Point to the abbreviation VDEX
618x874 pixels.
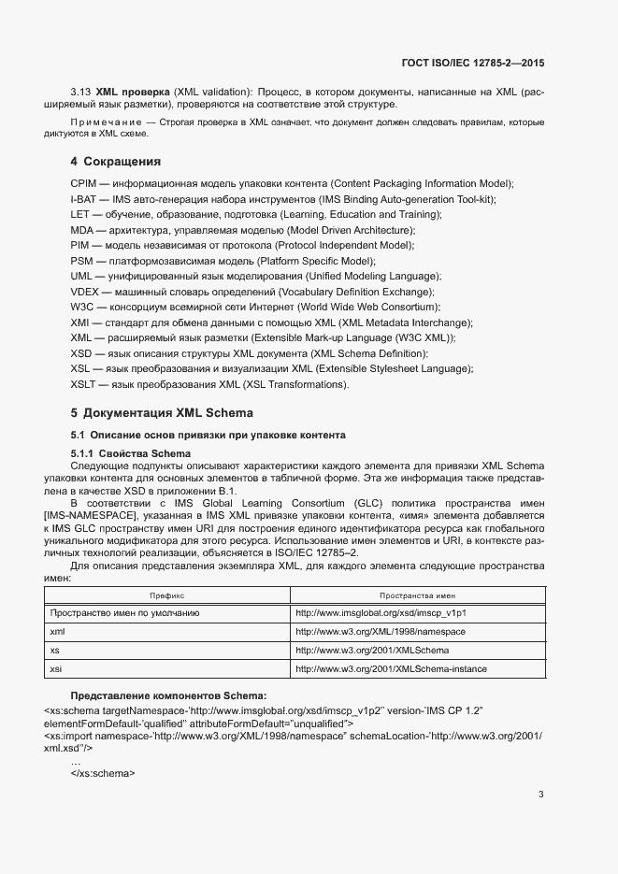(84, 292)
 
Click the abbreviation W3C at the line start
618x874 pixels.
(82, 307)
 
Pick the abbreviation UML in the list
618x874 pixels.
(82, 276)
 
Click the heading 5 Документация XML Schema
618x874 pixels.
(162, 412)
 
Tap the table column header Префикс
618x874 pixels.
(167, 595)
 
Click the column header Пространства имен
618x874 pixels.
(417, 595)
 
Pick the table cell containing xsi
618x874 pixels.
(56, 668)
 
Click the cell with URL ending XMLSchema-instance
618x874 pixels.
(391, 668)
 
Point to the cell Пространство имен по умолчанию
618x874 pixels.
(124, 613)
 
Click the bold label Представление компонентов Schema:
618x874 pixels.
(168, 695)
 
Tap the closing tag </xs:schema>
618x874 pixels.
(103, 773)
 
